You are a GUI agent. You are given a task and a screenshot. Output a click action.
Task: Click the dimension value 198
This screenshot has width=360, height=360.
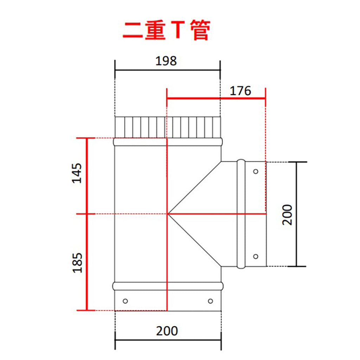pos(166,61)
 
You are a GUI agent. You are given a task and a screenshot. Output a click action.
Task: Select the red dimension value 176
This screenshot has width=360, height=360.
pos(240,91)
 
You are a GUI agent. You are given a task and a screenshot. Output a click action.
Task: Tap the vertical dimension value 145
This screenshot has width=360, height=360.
pos(77,173)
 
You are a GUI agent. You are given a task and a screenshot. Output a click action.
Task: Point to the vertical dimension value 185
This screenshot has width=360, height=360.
pos(77,263)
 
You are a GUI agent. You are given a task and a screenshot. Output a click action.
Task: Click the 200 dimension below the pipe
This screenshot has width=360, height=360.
pos(167,331)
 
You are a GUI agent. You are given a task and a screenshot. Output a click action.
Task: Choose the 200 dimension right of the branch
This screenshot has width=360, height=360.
pos(287,215)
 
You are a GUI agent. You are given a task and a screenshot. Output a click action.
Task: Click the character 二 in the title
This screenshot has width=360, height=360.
pos(133,31)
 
